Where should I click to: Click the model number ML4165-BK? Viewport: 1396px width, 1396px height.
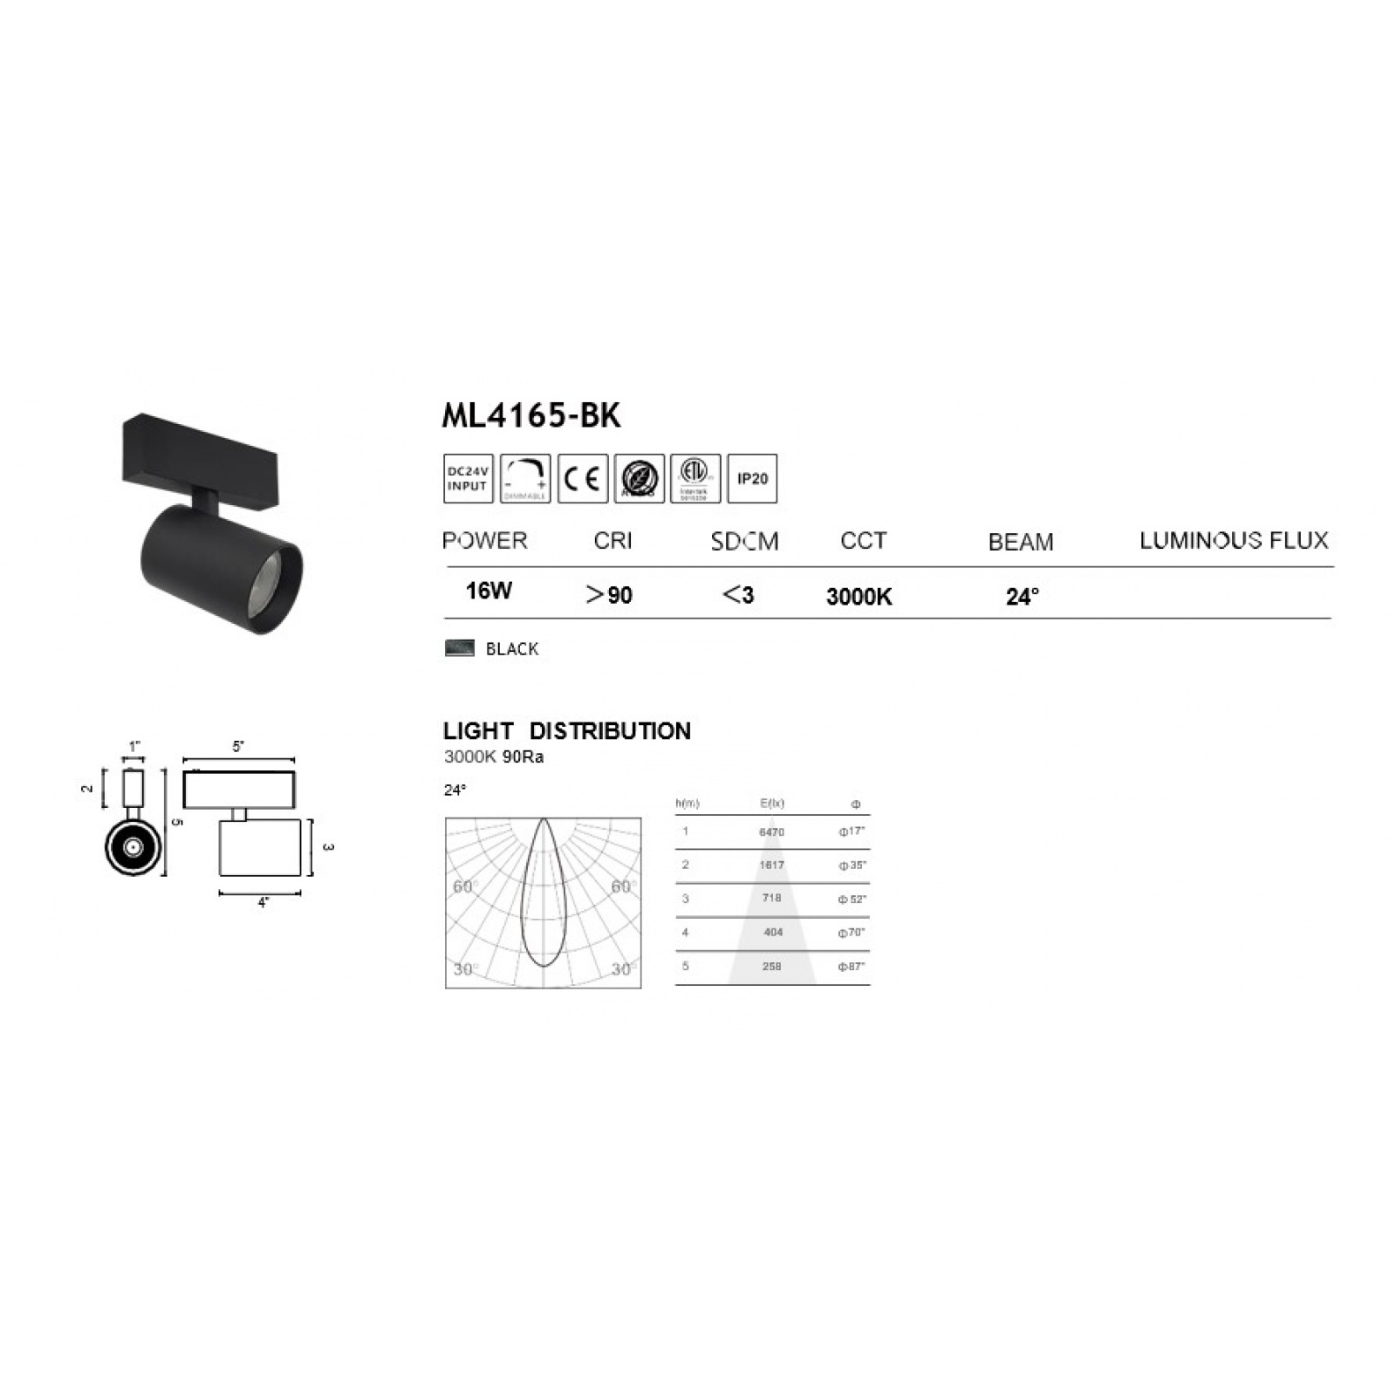[530, 416]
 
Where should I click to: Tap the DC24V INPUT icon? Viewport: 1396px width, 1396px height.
[468, 478]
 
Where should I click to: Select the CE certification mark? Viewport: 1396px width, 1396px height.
[582, 478]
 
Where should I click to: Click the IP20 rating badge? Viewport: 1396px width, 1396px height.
[752, 478]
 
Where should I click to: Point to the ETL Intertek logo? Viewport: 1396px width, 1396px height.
[695, 478]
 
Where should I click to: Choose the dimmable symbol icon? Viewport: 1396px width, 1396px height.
[525, 478]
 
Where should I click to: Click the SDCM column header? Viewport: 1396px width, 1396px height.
[744, 542]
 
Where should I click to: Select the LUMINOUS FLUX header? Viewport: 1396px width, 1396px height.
[1233, 540]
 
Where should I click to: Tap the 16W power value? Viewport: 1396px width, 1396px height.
[489, 592]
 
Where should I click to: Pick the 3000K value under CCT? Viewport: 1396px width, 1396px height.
[859, 597]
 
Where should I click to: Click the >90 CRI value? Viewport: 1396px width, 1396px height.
[609, 595]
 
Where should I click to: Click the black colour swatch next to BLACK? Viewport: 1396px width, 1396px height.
[460, 647]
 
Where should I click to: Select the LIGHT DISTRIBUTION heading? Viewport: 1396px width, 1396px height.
[566, 731]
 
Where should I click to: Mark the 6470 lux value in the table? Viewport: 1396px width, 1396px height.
[771, 832]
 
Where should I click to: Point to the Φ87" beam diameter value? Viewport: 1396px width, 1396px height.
[852, 967]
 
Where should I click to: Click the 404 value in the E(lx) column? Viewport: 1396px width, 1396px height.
[772, 933]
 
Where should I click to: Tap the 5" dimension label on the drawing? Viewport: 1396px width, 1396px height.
[238, 747]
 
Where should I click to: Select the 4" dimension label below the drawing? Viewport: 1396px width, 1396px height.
[263, 903]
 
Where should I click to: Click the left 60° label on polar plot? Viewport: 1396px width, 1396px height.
[465, 887]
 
